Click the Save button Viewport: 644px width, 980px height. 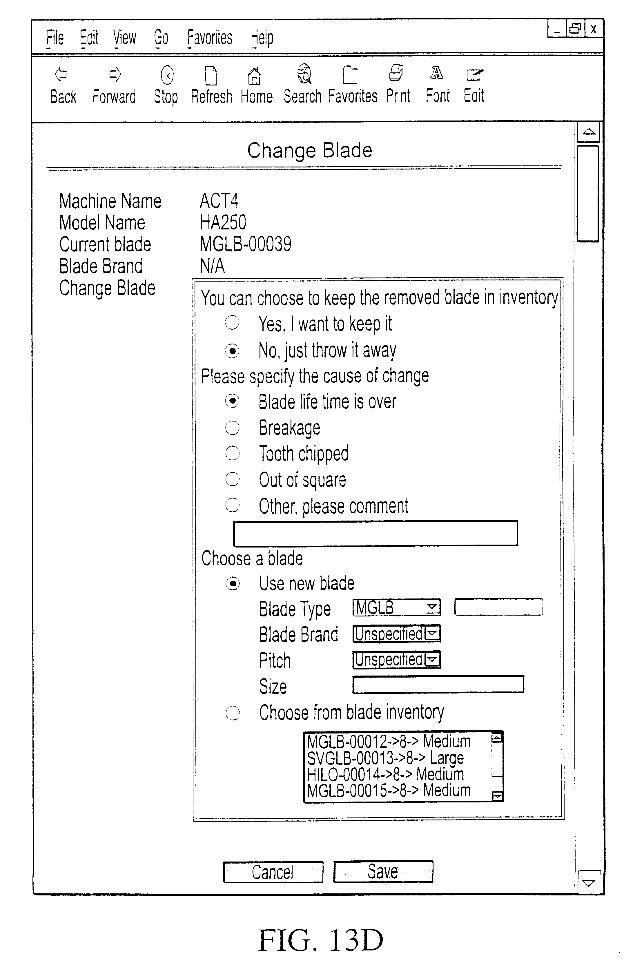(x=383, y=872)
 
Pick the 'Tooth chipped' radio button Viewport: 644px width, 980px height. (x=232, y=453)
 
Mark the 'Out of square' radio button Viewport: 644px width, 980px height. (x=232, y=479)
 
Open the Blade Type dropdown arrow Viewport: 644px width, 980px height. (x=432, y=607)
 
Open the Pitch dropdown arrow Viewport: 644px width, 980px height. (x=432, y=660)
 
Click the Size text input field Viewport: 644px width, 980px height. (x=438, y=684)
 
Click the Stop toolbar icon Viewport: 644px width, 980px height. (x=166, y=75)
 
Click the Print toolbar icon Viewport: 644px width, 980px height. (x=396, y=74)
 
